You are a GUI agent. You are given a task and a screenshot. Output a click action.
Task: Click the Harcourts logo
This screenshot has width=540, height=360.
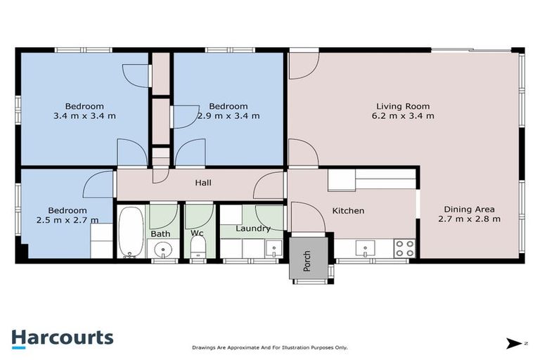point(62,337)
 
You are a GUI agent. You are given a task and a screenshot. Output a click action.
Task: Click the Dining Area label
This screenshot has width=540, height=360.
point(469,209)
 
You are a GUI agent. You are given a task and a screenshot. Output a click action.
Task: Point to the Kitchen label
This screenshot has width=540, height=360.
point(347,211)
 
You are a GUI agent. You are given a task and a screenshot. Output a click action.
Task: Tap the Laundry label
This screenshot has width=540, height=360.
point(253,229)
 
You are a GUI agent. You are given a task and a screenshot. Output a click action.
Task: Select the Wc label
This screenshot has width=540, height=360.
point(197,233)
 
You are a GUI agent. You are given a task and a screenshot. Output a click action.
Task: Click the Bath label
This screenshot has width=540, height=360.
point(160,233)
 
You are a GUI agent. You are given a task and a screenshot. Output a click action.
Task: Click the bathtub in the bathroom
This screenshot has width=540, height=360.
point(130,232)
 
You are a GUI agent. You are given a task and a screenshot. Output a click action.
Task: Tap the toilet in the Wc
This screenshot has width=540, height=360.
point(198,247)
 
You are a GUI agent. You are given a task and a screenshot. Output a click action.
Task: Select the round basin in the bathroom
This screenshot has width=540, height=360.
point(164,250)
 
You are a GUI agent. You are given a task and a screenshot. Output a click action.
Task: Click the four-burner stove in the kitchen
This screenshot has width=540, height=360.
point(404,248)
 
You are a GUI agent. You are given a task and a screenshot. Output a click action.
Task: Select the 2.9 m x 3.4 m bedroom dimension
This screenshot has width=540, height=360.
point(228,117)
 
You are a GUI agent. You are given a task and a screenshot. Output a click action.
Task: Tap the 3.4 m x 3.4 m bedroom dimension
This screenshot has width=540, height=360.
point(79,117)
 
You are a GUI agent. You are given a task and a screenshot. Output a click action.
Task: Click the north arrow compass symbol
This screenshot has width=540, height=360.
point(515,344)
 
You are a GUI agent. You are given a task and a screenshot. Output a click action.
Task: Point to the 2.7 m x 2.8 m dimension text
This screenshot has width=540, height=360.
point(469,219)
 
